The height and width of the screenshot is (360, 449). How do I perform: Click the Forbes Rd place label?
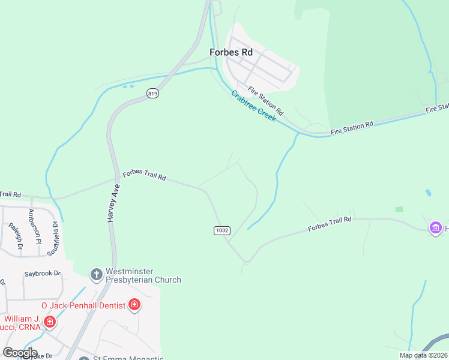point(231,52)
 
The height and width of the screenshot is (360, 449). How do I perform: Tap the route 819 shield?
point(152,93)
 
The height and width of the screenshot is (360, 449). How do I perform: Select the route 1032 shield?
point(221,230)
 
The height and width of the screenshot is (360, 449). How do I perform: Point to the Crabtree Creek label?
point(253,106)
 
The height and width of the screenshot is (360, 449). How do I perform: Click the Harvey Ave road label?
point(113,203)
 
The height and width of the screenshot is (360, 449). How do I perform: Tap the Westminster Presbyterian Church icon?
point(96,275)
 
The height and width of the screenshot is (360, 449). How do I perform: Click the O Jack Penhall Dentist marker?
point(134,305)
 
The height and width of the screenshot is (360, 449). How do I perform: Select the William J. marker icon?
point(50,323)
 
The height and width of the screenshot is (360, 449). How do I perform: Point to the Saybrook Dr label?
point(43,274)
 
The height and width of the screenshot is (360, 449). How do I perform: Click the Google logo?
point(20,353)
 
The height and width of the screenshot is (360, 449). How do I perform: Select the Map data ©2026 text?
point(423,355)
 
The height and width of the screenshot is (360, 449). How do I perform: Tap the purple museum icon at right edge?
point(435,228)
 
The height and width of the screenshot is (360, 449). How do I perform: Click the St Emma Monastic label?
point(128,358)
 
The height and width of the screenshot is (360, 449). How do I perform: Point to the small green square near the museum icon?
point(399,209)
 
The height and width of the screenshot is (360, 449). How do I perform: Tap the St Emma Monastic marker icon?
point(84,358)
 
